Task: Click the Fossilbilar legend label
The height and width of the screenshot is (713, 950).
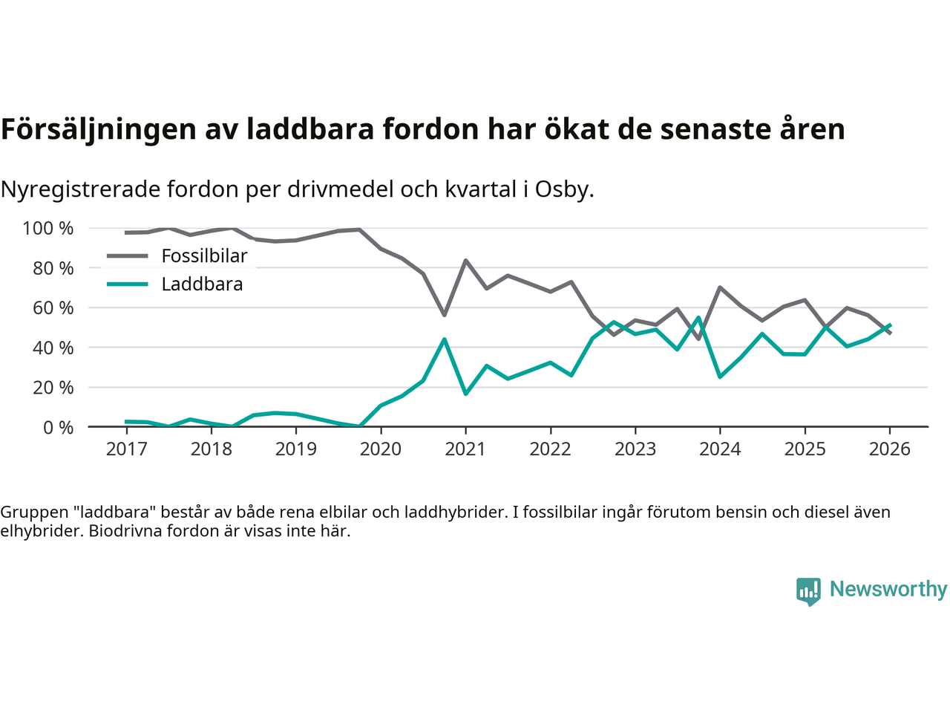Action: tap(204, 256)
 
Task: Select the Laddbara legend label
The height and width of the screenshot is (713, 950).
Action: tap(202, 284)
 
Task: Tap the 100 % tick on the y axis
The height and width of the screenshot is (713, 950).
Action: tap(48, 228)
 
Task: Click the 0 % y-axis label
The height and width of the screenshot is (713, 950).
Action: tap(58, 427)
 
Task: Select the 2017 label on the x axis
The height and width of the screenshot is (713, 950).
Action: tap(126, 449)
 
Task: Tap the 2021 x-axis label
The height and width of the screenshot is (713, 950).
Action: tap(465, 449)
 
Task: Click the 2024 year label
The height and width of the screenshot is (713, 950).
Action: tap(720, 449)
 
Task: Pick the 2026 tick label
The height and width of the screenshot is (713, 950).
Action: tap(889, 449)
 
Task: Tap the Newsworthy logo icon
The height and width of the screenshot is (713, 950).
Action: tap(808, 591)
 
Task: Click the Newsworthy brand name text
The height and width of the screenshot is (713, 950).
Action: tap(888, 589)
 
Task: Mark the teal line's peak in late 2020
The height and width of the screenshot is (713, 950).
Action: tap(444, 339)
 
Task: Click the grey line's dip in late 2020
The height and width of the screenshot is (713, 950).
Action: tap(444, 315)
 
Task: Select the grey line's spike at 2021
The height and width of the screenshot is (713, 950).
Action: tap(465, 261)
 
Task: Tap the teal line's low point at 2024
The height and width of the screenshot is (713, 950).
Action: tap(720, 377)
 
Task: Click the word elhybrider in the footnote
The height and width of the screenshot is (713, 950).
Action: tap(41, 531)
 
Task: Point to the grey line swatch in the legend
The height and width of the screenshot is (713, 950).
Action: tap(128, 256)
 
